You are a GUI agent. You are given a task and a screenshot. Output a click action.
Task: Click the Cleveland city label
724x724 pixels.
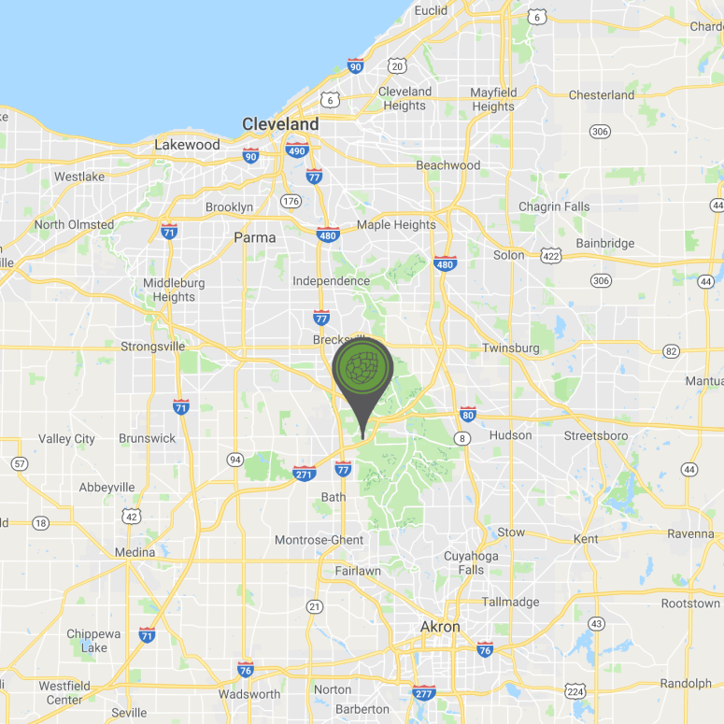(280, 124)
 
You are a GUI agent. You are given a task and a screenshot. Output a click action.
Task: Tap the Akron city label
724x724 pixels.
(440, 627)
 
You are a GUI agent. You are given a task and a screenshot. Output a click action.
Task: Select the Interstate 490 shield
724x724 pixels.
(297, 150)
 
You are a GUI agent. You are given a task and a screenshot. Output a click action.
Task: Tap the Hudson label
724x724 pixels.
(510, 435)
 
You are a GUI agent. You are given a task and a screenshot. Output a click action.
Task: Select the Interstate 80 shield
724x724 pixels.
(468, 415)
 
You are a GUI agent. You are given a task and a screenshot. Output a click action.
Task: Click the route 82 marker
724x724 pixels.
(671, 351)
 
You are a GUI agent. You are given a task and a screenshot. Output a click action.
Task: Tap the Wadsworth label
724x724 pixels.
(249, 694)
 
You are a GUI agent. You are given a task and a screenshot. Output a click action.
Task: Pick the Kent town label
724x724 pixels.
(586, 539)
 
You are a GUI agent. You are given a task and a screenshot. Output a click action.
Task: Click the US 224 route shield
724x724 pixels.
(575, 691)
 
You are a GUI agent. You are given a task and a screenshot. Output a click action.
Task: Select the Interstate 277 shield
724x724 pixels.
(423, 692)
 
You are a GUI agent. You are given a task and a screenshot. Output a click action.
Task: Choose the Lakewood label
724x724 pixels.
(187, 145)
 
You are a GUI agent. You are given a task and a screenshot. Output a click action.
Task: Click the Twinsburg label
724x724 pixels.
(511, 348)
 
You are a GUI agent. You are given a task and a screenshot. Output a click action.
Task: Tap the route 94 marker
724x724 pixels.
(234, 459)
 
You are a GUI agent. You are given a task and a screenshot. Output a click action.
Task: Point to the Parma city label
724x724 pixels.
(255, 237)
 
